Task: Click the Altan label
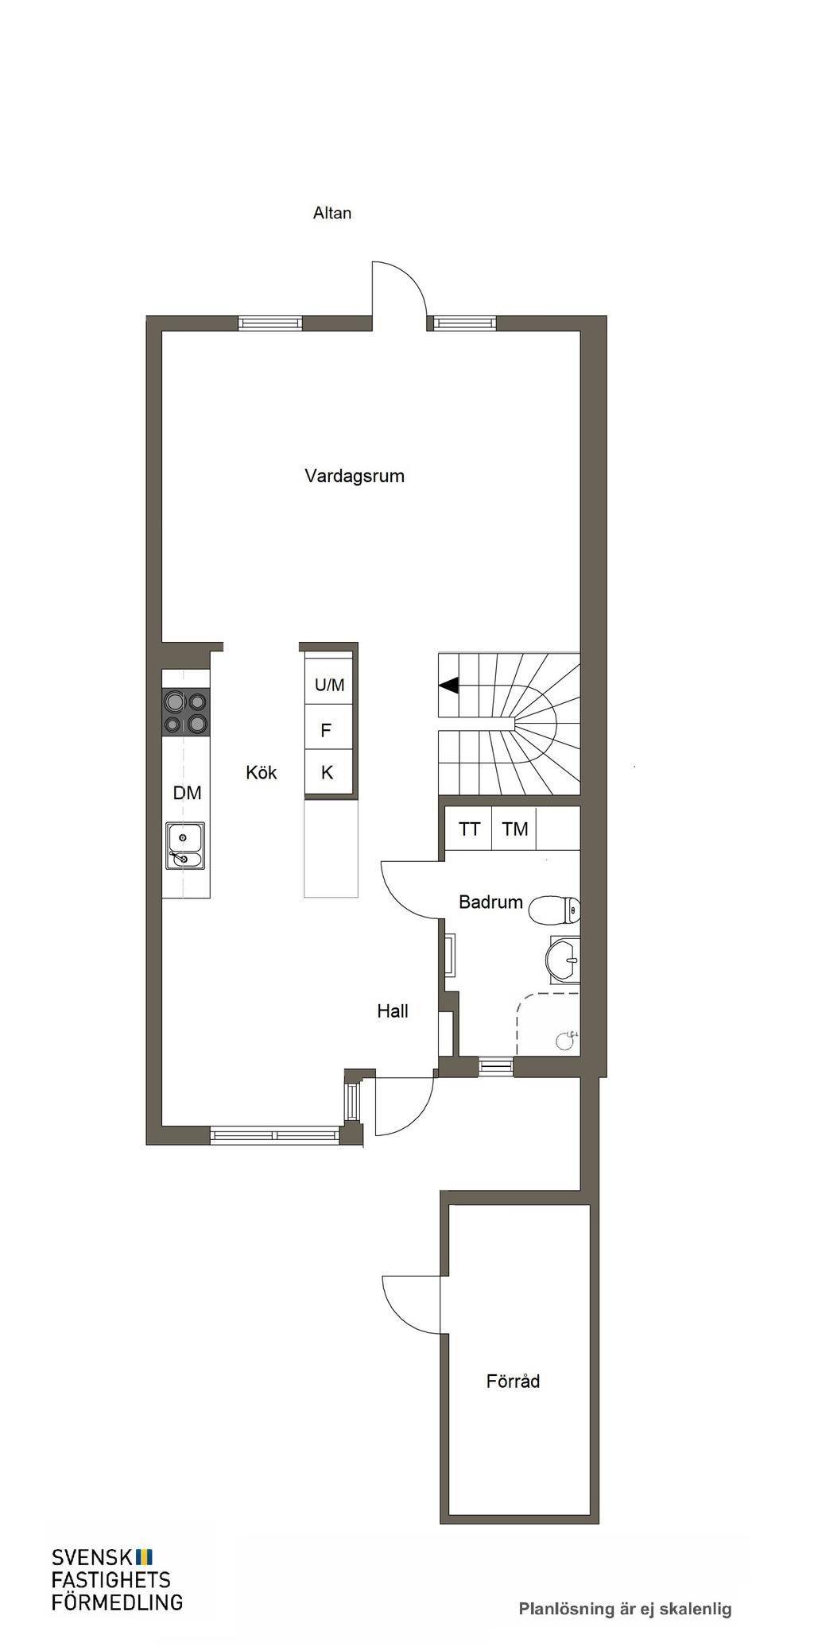coord(332,213)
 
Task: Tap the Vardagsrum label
coord(355,476)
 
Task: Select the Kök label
coord(262,772)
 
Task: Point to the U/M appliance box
coord(329,685)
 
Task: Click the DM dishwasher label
coord(188,793)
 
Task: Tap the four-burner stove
coord(186,713)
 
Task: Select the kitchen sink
coord(185,846)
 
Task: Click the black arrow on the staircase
coord(449,685)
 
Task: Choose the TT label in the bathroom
coord(469,829)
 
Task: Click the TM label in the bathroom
coord(515,829)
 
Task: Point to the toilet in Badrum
coord(555,910)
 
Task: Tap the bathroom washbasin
coord(564,959)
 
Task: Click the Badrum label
coord(491,902)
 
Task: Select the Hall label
coord(393,1011)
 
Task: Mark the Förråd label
coord(514,1381)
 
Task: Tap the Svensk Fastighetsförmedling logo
coord(117,1580)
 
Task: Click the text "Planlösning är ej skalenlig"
coord(626,1609)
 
